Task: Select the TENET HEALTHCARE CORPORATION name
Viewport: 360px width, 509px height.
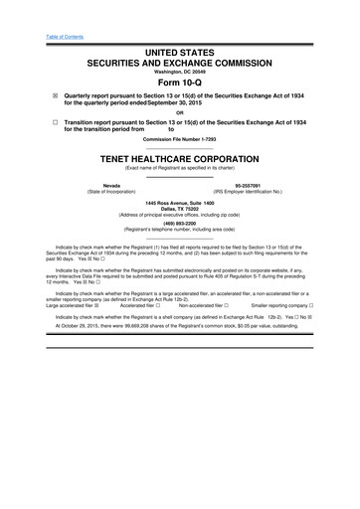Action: tap(180, 157)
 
